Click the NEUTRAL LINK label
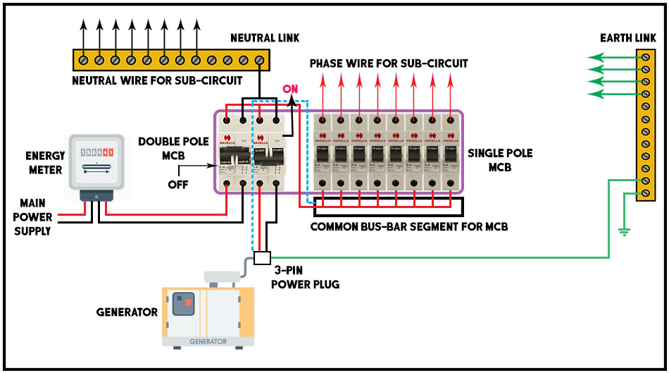pos(264,37)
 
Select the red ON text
pos(290,90)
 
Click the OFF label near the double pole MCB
pos(177,185)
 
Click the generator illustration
pos(208,310)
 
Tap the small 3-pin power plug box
pos(262,257)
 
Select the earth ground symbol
pos(623,231)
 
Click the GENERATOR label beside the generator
pos(127,312)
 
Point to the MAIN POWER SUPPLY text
pos(32,217)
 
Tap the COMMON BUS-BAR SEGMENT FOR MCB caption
pos(409,227)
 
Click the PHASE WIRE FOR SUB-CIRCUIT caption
pos(389,63)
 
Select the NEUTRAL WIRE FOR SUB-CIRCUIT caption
pos(157,80)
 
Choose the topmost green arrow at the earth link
pos(613,57)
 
